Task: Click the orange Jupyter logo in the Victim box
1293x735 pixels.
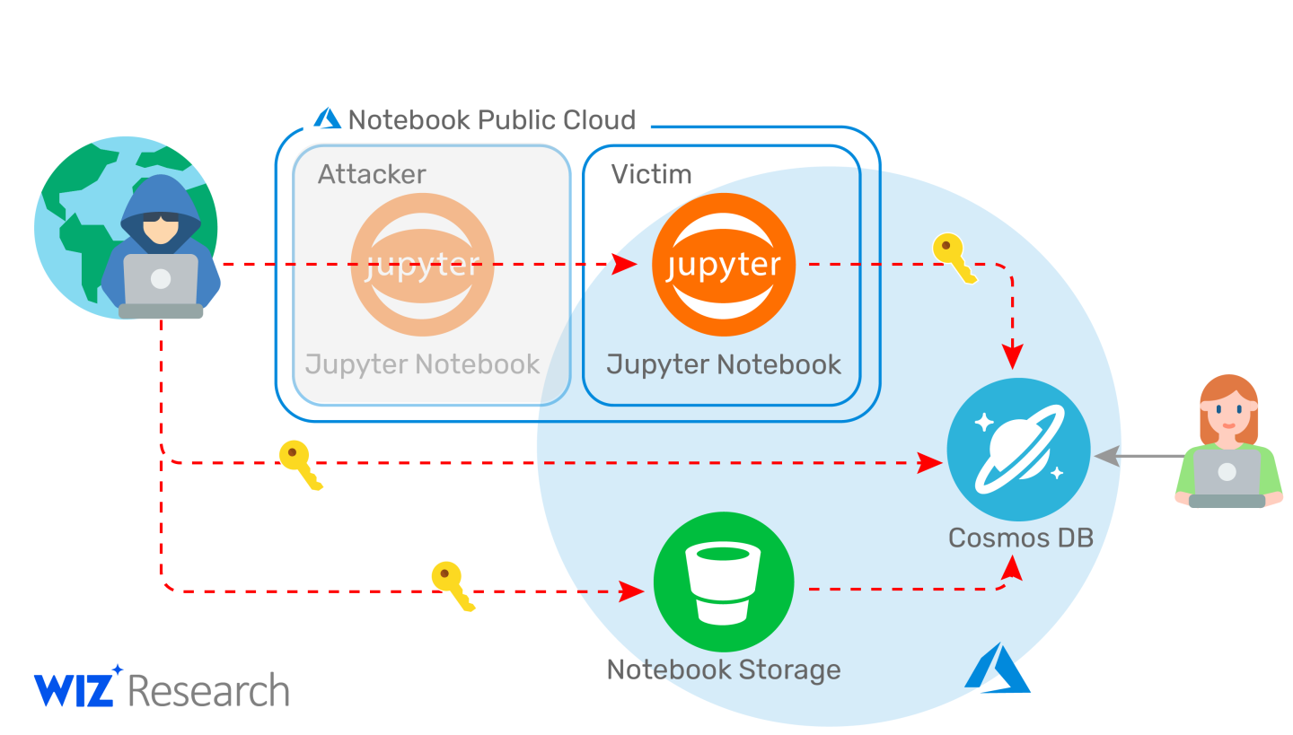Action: [x=723, y=264]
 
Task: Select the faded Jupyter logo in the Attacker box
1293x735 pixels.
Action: [x=422, y=264]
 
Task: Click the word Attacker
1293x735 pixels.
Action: [x=372, y=173]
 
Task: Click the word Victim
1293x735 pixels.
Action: [x=651, y=173]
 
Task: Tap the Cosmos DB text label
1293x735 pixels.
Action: [x=1020, y=538]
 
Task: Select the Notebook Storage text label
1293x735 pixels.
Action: [x=724, y=669]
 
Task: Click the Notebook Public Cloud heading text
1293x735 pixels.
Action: [x=491, y=119]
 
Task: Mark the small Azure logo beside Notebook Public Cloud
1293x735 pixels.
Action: [x=327, y=118]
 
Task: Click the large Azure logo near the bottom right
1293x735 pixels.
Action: [x=997, y=668]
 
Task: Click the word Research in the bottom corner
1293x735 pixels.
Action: [x=208, y=691]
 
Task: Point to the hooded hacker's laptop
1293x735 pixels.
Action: [x=161, y=282]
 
